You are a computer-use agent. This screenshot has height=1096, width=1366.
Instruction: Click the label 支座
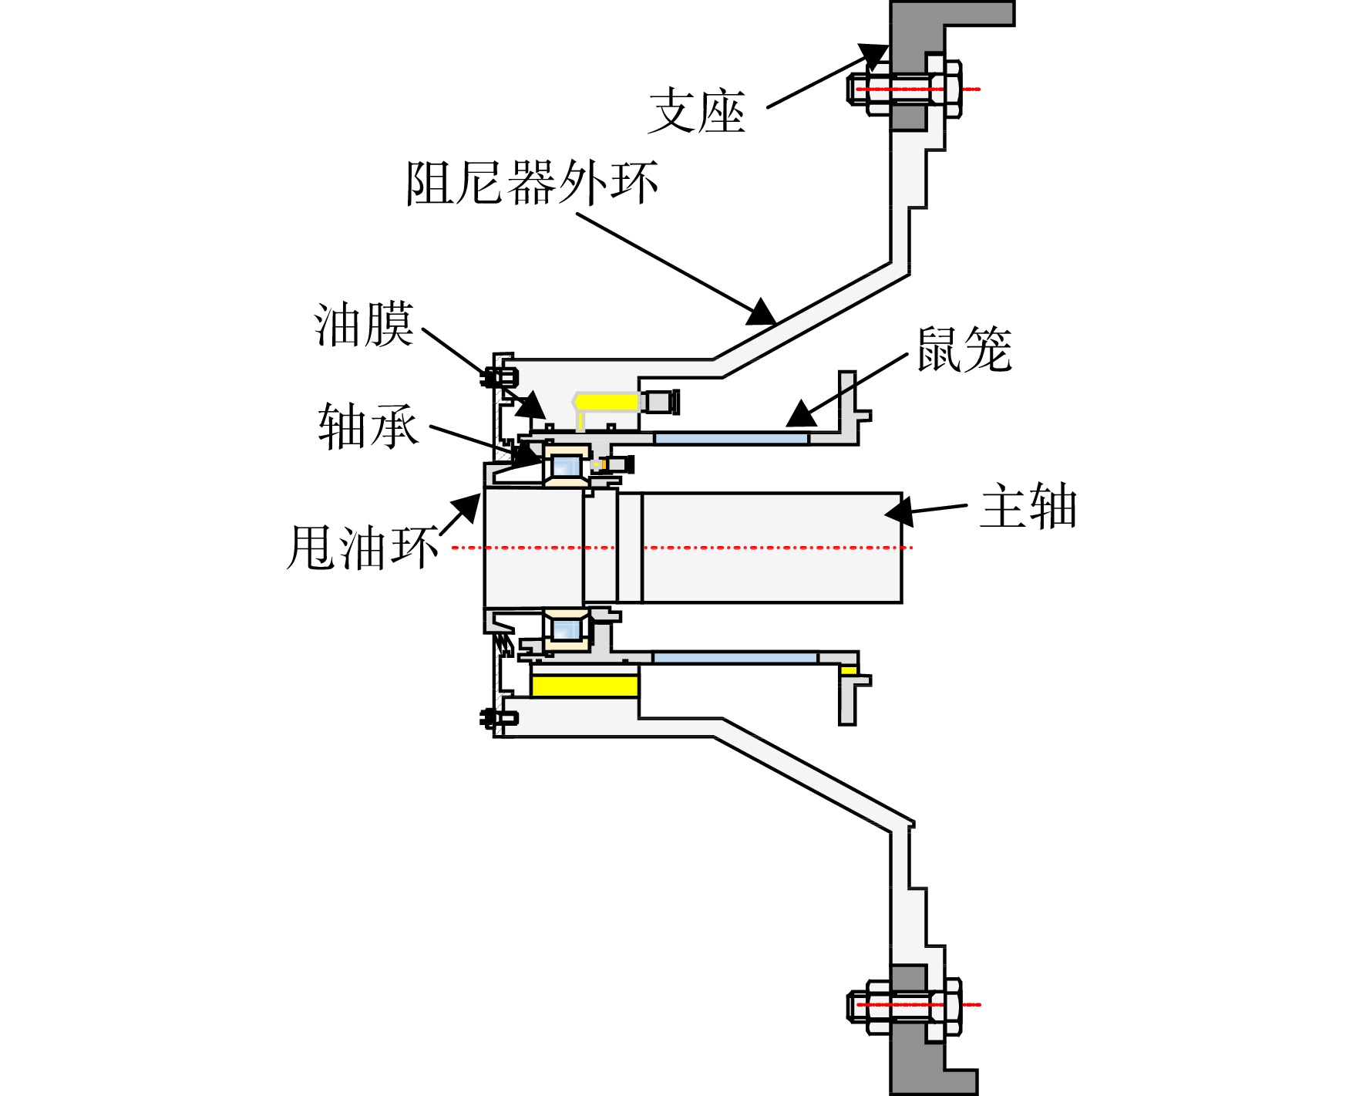point(697,112)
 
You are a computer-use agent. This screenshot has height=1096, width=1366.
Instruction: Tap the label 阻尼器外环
point(532,183)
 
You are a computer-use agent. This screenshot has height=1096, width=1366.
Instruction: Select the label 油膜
point(364,324)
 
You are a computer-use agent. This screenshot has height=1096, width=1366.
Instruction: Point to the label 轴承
point(368,426)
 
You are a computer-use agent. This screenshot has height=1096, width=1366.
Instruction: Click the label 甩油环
point(362,548)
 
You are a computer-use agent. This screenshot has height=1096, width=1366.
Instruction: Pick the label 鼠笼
point(964,349)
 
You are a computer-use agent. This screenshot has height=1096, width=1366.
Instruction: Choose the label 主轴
point(1028,506)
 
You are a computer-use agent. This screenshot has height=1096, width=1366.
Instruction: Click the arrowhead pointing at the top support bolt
point(874,56)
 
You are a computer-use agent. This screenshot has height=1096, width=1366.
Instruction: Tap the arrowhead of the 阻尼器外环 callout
point(762,312)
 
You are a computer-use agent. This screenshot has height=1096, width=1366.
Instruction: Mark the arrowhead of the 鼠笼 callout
point(802,413)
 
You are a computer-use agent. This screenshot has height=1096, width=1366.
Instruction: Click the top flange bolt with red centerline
point(905,89)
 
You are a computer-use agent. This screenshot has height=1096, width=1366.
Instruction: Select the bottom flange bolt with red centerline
point(905,1005)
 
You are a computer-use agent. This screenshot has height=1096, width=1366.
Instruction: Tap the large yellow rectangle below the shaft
point(585,686)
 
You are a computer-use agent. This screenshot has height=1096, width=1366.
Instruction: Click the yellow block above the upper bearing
point(606,402)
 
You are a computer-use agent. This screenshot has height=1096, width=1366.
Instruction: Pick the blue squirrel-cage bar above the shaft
point(731,438)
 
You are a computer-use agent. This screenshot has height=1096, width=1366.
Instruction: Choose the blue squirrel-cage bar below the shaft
point(735,658)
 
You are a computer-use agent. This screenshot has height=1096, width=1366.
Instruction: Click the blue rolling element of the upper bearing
point(566,466)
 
